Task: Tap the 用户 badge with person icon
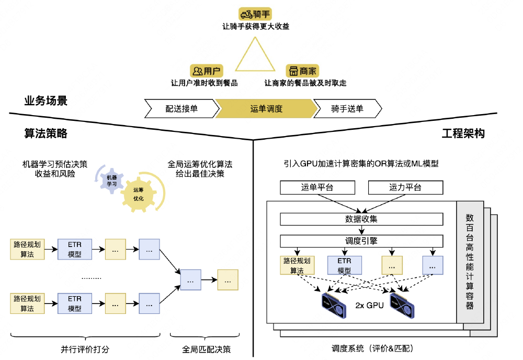[x=206, y=71]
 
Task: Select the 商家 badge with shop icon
[x=302, y=71]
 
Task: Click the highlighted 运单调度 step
[x=267, y=109]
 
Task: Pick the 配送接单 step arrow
[x=181, y=109]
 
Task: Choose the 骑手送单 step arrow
[x=347, y=109]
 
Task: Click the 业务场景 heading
[x=46, y=101]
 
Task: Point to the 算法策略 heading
[x=46, y=133]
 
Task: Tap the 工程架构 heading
[x=463, y=133]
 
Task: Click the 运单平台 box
[x=317, y=187]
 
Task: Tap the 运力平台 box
[x=405, y=187]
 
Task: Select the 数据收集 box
[x=361, y=219]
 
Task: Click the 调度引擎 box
[x=361, y=241]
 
